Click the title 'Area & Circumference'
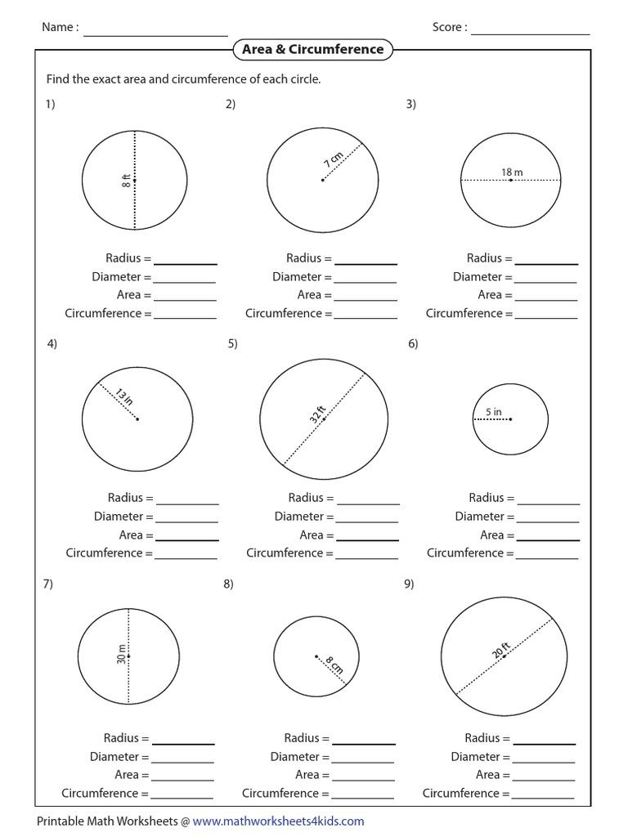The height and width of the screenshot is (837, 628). [x=312, y=50]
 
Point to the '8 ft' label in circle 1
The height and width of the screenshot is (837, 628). [x=127, y=180]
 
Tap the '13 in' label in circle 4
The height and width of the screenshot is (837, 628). [x=123, y=399]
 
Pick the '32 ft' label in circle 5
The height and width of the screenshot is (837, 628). [x=317, y=414]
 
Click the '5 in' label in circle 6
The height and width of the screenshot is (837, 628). [x=493, y=412]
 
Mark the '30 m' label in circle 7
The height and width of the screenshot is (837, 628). [x=121, y=655]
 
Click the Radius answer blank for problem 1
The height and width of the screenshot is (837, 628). [x=186, y=261]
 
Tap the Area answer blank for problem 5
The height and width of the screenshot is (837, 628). [x=368, y=537]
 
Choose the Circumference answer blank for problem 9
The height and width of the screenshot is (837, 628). [x=543, y=795]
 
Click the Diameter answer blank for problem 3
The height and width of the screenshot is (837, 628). [x=546, y=280]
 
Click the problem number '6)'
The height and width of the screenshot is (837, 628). [x=413, y=344]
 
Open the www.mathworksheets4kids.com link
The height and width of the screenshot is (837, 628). [x=279, y=821]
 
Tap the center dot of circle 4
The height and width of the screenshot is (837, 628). [x=137, y=419]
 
